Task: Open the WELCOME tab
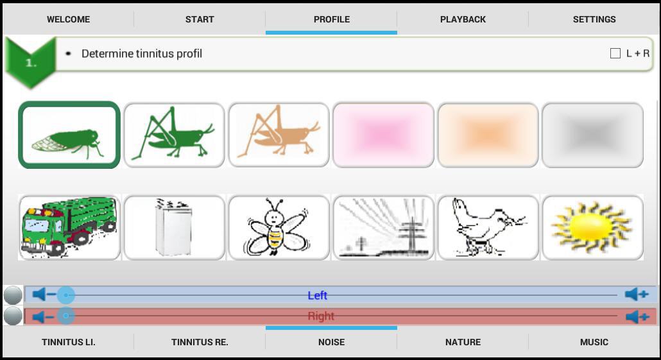[68, 19]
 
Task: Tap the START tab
[200, 19]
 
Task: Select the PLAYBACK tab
[463, 19]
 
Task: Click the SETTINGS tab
[594, 19]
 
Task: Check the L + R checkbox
[615, 53]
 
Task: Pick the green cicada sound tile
[69, 135]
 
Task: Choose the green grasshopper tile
[174, 135]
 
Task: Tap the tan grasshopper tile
[279, 135]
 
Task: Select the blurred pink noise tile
[383, 135]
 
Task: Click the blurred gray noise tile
[592, 135]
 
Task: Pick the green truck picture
[69, 227]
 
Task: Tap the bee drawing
[279, 227]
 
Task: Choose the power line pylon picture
[383, 227]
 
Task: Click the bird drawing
[488, 227]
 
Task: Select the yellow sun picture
[592, 227]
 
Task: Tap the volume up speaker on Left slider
[636, 295]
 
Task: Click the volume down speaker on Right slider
[44, 316]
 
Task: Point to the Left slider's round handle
[65, 295]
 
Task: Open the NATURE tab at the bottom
[463, 342]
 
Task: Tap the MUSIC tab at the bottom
[594, 342]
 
